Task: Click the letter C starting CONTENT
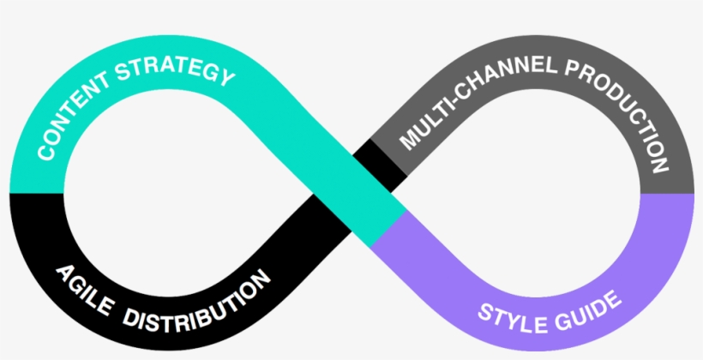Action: [43, 153]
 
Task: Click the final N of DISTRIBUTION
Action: [261, 279]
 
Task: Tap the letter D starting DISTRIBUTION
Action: [129, 317]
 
